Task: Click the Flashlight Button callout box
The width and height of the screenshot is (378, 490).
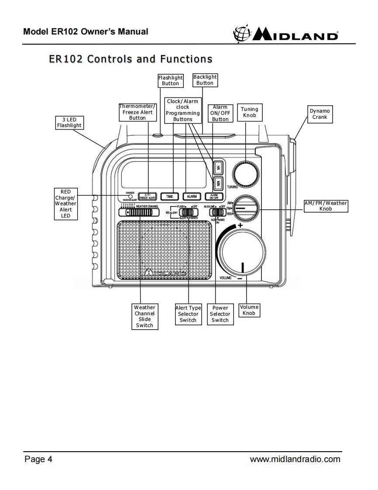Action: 170,80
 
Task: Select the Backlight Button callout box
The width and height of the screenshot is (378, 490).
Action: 205,80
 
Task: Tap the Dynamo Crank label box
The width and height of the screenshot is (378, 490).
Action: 320,114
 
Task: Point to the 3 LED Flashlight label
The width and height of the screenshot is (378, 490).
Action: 69,122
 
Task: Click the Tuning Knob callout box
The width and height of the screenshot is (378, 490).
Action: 249,112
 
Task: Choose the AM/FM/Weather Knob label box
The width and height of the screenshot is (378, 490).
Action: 326,206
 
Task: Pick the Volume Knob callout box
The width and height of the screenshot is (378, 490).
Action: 249,310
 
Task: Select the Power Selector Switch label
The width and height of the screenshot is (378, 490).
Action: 220,314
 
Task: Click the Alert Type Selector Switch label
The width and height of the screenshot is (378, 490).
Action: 188,314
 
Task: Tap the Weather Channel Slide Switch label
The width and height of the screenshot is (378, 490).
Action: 144,316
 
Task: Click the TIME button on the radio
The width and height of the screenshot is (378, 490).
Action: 170,197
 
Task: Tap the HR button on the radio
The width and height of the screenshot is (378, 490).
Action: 219,167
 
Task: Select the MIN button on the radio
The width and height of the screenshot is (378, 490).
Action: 219,183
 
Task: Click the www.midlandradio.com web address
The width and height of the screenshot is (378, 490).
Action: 295,459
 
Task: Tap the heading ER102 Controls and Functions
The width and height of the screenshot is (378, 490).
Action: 131,59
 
